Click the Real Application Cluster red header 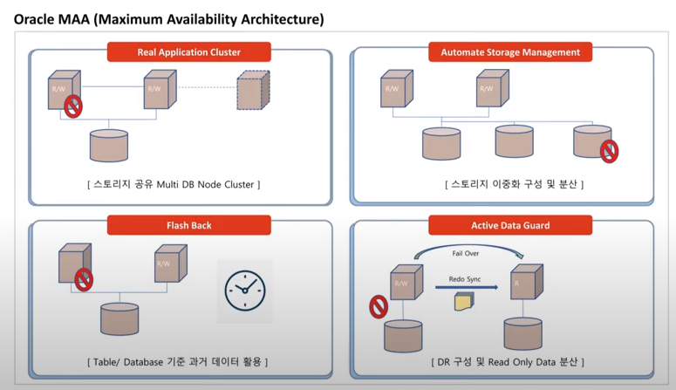click(188, 52)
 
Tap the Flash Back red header click(188, 226)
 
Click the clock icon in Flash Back click(244, 291)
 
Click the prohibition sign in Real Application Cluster click(73, 106)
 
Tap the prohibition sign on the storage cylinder click(610, 152)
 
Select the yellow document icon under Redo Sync click(463, 302)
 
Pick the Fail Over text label click(465, 253)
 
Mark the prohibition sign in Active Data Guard click(379, 306)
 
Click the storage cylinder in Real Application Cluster click(109, 146)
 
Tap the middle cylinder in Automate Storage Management click(514, 140)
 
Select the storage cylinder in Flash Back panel click(119, 319)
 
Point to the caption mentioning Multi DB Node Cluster click(174, 184)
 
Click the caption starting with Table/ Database click(177, 361)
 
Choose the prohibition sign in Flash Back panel click(84, 279)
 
